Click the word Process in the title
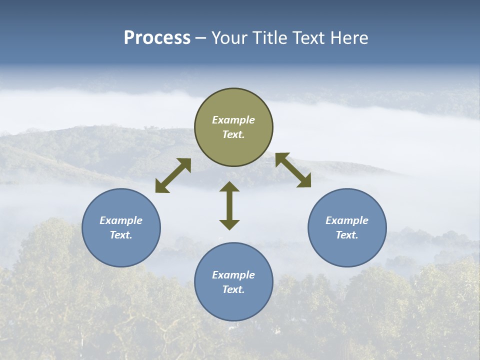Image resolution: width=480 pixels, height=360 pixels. click(157, 38)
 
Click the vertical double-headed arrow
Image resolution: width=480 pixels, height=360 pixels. click(229, 205)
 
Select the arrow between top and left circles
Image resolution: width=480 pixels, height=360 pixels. click(173, 175)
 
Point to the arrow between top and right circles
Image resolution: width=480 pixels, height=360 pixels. click(293, 170)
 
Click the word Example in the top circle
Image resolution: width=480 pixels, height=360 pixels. click(233, 120)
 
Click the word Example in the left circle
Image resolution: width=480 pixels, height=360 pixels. click(121, 220)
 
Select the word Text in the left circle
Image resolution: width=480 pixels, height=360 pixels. click(121, 235)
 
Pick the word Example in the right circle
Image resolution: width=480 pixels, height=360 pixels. click(347, 220)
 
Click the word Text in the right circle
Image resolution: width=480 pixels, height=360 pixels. click(347, 235)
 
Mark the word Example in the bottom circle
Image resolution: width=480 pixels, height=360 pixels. click(233, 275)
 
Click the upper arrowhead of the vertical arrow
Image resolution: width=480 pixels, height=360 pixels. click(229, 186)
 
